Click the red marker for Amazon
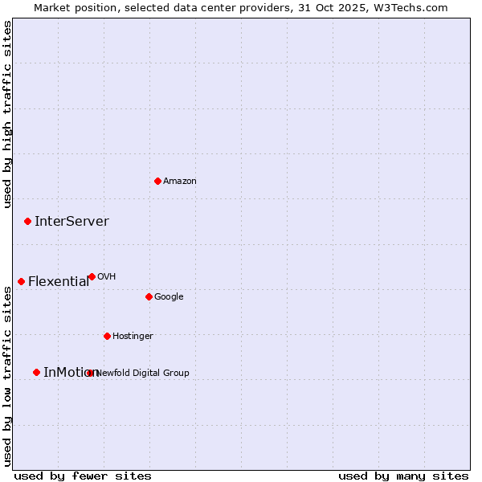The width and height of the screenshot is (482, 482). coord(157,181)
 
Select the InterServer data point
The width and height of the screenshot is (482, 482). coord(27,221)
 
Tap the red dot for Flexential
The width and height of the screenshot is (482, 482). coord(21,281)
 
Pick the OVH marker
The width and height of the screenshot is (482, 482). coord(92,276)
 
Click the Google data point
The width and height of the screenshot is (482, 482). coord(149,296)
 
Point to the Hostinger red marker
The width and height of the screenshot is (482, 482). coord(107,336)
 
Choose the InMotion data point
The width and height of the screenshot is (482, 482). coord(36,372)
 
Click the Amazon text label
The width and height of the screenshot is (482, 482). coord(180,182)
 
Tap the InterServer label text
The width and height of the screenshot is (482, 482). coord(71,222)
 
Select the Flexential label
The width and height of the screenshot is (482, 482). coord(59,282)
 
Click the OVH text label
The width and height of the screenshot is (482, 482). coord(107,277)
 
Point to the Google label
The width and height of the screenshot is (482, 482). coord(169,297)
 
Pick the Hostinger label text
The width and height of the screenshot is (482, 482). coord(133,337)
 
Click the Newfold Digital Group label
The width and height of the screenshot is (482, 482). coord(143,373)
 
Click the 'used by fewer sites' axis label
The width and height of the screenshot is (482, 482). coord(83,476)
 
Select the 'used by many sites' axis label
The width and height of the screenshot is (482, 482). coord(403,476)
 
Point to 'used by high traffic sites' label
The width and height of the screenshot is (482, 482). coord(7,114)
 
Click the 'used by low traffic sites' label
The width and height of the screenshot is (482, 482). coord(7,376)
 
